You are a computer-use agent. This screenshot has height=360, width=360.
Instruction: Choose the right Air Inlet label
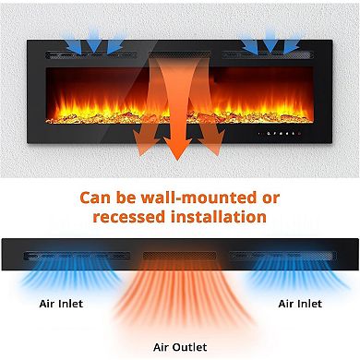(300, 302)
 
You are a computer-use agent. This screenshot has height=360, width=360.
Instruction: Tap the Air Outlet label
(180, 347)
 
